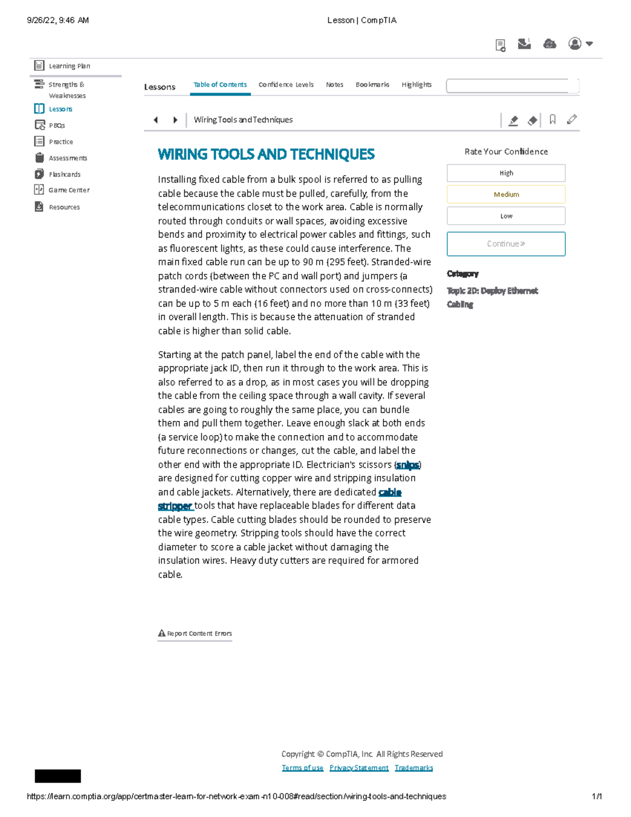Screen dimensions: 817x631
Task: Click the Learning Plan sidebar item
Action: [x=69, y=66]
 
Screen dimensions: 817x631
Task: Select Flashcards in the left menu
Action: [x=64, y=174]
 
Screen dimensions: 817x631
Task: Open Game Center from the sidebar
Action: [x=68, y=190]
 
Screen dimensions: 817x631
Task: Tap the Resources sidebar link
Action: [x=64, y=207]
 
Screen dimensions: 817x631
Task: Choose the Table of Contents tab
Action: [x=220, y=85]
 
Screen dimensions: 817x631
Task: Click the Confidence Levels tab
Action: [x=286, y=85]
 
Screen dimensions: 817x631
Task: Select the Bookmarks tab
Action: [x=372, y=85]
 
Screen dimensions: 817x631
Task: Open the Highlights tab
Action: [x=416, y=85]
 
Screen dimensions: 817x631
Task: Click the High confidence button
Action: [x=506, y=173]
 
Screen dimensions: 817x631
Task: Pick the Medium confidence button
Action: [x=506, y=195]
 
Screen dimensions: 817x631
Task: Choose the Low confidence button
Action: [x=506, y=216]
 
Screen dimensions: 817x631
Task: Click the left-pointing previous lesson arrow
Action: [x=156, y=120]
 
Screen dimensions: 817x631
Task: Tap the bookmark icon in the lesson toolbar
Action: [x=553, y=120]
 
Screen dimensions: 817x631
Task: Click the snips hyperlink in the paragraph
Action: [x=408, y=465]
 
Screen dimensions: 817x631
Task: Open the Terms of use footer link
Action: [x=302, y=768]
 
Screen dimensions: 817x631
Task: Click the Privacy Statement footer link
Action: [x=359, y=768]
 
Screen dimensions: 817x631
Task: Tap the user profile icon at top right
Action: [x=576, y=44]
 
